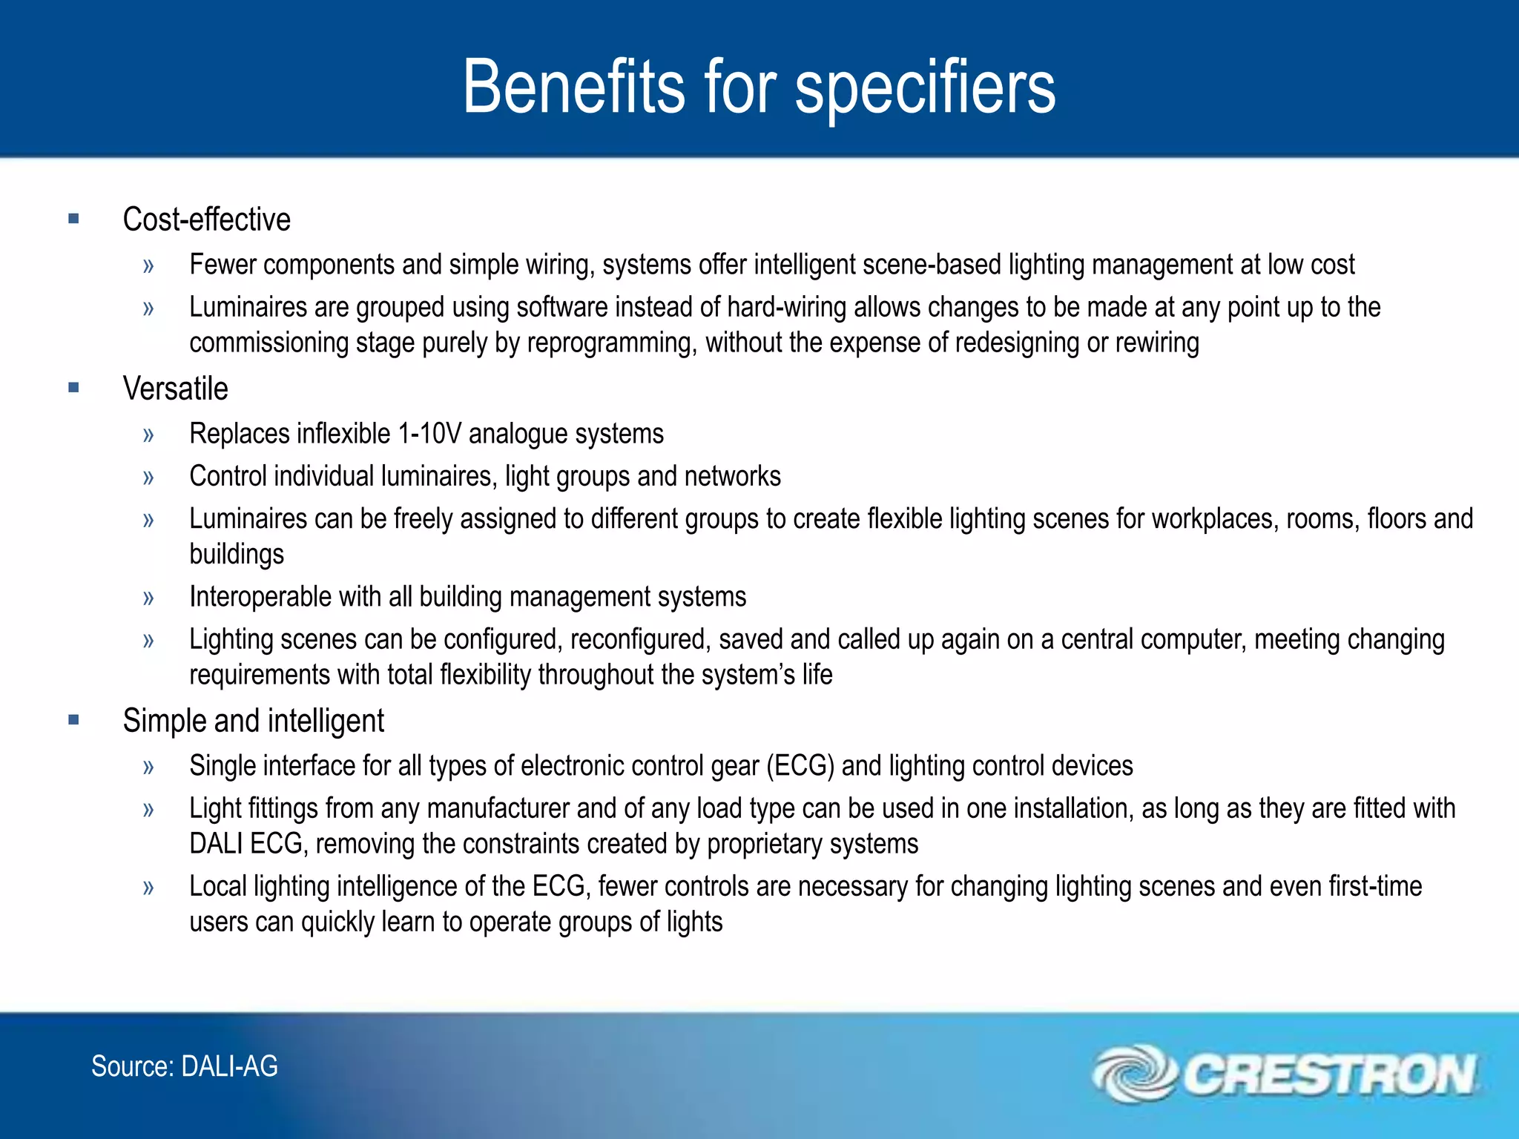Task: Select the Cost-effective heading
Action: coord(206,219)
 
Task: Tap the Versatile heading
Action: coord(175,389)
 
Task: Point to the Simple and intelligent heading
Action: coord(253,721)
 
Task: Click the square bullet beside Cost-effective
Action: coord(73,218)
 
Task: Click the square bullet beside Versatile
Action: coord(73,387)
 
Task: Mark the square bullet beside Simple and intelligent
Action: coord(73,719)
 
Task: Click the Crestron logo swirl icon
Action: coord(1133,1073)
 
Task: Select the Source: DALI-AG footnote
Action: coord(184,1066)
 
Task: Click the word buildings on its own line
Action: coord(237,555)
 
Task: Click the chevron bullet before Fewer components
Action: coord(148,265)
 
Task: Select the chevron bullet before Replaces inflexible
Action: coord(148,435)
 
